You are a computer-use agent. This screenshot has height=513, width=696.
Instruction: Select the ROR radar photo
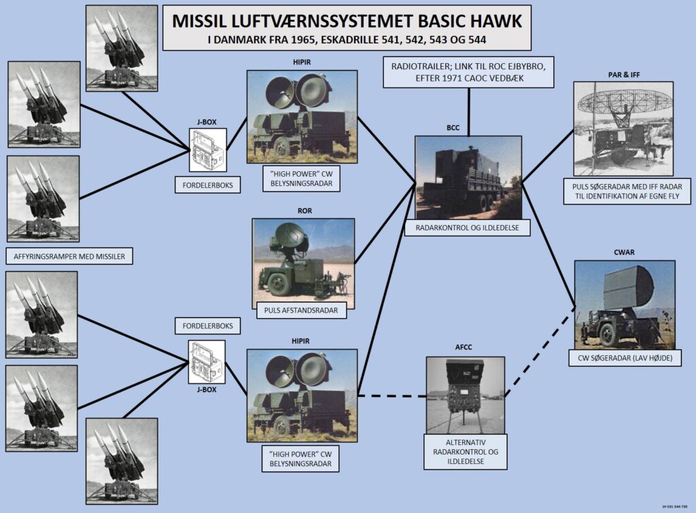[x=303, y=260]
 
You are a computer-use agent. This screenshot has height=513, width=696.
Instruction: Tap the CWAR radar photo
[x=624, y=304]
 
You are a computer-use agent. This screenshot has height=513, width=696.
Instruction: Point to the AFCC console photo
[x=466, y=395]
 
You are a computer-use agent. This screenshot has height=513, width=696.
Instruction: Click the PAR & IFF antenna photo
[x=623, y=128]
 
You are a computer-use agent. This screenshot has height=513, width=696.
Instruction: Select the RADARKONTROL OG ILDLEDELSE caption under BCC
[x=468, y=228]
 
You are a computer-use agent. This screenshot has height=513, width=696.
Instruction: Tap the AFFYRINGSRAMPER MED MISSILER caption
[x=69, y=256]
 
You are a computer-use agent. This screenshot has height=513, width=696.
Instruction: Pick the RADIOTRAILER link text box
[x=468, y=72]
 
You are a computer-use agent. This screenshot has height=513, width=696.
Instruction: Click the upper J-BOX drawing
[x=207, y=149]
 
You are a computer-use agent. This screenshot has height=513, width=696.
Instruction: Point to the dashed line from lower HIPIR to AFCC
[x=391, y=395]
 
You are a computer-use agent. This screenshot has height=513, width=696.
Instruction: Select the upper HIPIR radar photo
[x=302, y=112]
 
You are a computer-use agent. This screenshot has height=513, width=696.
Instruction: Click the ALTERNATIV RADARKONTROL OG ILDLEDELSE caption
[x=466, y=452]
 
